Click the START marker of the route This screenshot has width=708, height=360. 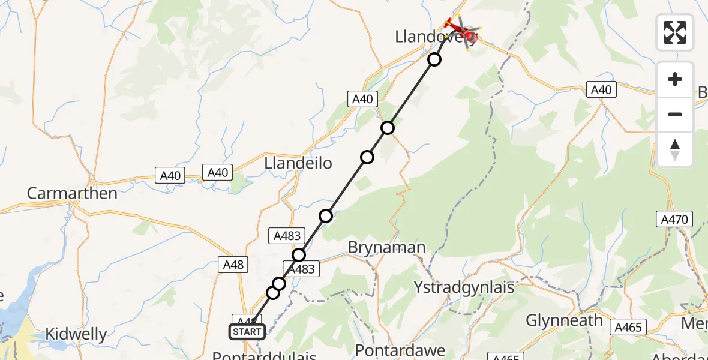tap(247, 332)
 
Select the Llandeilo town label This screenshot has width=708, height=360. tap(298, 163)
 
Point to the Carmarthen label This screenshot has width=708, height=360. tap(72, 194)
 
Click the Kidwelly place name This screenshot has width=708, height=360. tap(77, 334)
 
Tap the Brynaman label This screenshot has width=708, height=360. tap(388, 248)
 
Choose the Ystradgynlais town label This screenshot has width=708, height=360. tap(464, 287)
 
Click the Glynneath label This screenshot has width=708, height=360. tap(564, 320)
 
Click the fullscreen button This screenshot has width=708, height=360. tap(675, 32)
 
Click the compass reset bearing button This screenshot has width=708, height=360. tap(675, 149)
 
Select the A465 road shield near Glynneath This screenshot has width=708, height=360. tap(628, 327)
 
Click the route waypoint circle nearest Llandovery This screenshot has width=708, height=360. tap(434, 59)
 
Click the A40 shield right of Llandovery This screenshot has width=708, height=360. tap(601, 90)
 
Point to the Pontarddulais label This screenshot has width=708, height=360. tap(264, 356)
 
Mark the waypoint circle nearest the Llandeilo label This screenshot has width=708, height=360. tap(367, 157)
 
